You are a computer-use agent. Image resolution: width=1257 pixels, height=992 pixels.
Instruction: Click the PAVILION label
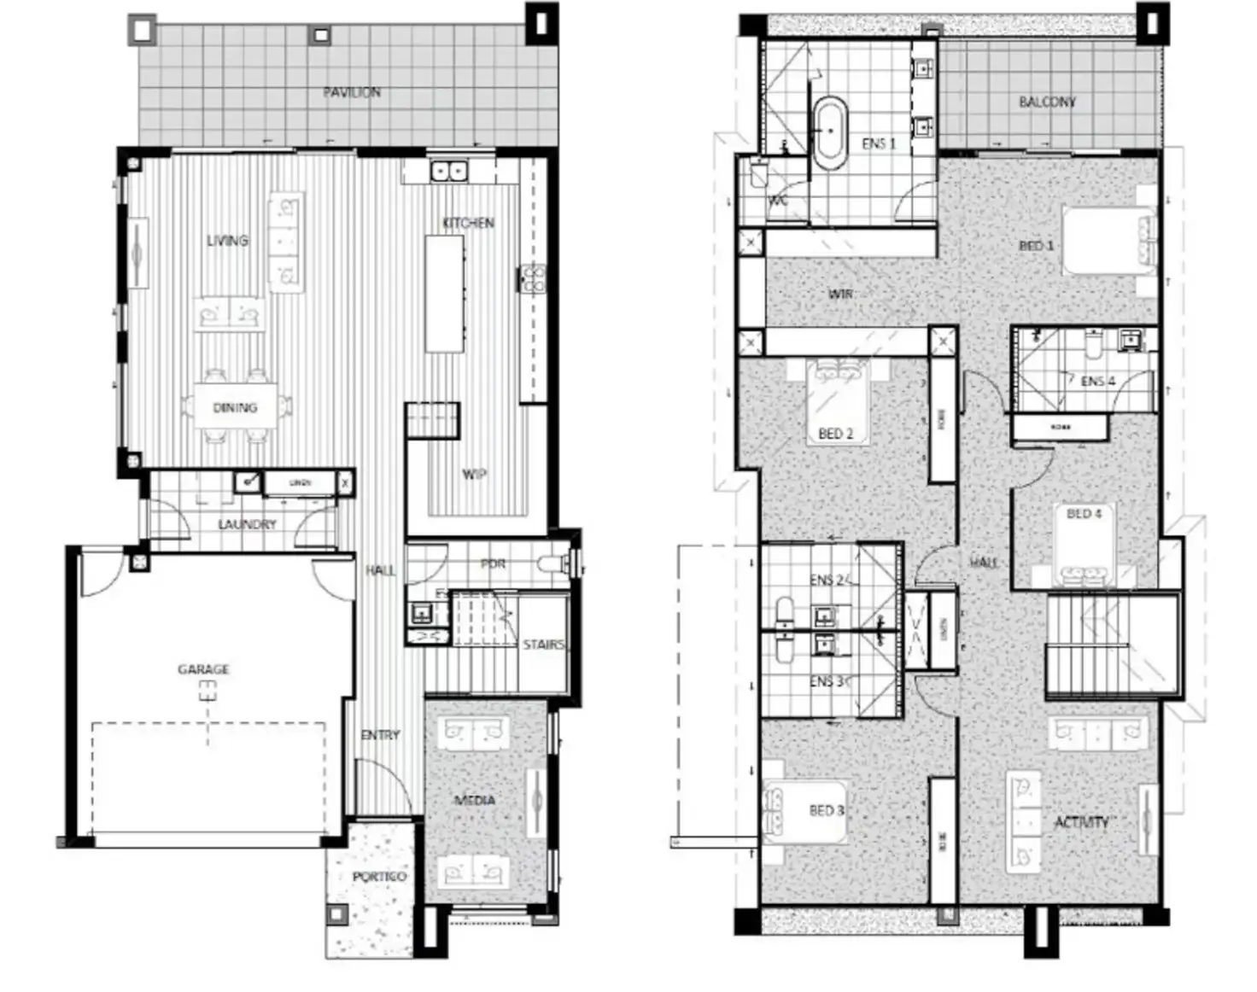(352, 92)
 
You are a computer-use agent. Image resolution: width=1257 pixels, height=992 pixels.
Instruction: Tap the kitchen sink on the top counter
(447, 171)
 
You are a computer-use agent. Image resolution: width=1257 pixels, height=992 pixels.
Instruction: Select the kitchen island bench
(444, 294)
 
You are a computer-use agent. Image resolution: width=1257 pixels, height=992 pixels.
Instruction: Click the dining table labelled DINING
(235, 408)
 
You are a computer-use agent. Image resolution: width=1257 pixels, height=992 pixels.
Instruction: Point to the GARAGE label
(203, 669)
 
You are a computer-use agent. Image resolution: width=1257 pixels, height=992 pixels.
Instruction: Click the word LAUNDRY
(247, 524)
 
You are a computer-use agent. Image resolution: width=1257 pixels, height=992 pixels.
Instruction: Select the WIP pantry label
(475, 475)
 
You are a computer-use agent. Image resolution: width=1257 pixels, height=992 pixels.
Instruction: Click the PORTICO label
(379, 877)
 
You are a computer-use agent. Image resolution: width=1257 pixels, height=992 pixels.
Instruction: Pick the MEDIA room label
(474, 800)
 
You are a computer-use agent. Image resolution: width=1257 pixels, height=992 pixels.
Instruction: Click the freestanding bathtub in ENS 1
(828, 132)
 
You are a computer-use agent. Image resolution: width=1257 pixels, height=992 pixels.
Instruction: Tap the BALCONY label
(1047, 102)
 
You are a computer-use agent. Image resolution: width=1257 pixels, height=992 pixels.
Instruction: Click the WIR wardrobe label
(840, 294)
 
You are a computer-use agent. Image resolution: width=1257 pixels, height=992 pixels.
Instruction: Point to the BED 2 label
(835, 434)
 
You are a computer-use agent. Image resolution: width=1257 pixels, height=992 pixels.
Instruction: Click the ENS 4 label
(1097, 381)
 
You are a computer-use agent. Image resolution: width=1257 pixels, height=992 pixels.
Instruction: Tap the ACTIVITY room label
(1081, 822)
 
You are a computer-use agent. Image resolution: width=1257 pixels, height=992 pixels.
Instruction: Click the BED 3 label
(827, 810)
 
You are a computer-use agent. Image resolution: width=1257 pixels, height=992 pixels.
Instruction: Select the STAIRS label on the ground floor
(543, 645)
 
